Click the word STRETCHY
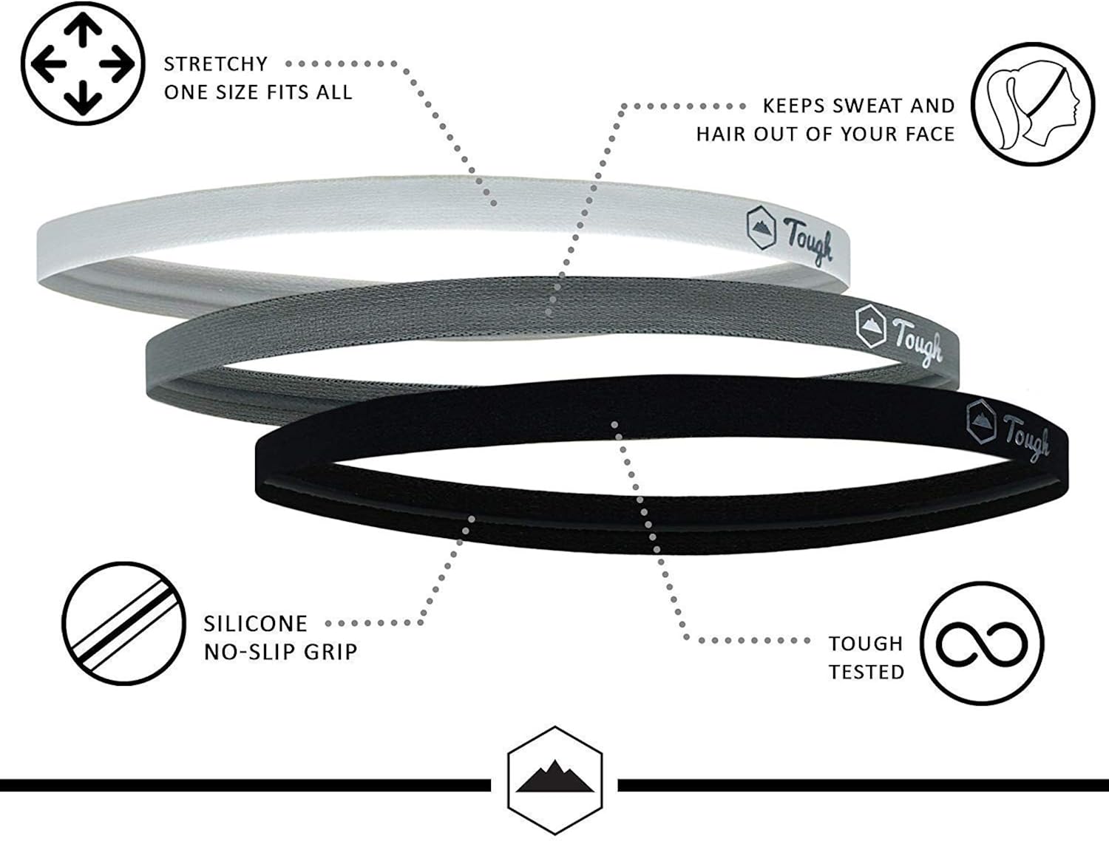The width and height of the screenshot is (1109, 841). pyautogui.click(x=216, y=64)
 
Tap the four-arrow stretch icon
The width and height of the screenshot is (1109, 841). pyautogui.click(x=83, y=64)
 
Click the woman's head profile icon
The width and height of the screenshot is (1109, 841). pyautogui.click(x=1033, y=104)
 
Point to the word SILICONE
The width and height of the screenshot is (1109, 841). pyautogui.click(x=256, y=624)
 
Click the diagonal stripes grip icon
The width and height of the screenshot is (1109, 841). pyautogui.click(x=123, y=624)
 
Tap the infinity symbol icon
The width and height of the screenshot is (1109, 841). pyautogui.click(x=982, y=644)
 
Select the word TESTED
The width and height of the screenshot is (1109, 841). pyautogui.click(x=866, y=673)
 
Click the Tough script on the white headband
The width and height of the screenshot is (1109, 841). pyautogui.click(x=808, y=241)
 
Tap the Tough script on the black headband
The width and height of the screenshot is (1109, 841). pyautogui.click(x=1026, y=437)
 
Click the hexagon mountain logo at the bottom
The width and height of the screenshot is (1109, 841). pyautogui.click(x=554, y=780)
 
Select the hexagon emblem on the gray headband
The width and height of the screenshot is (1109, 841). pyautogui.click(x=871, y=326)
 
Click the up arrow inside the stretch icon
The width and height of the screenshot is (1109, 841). pyautogui.click(x=83, y=30)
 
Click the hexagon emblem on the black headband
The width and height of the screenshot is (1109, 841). pyautogui.click(x=981, y=422)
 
